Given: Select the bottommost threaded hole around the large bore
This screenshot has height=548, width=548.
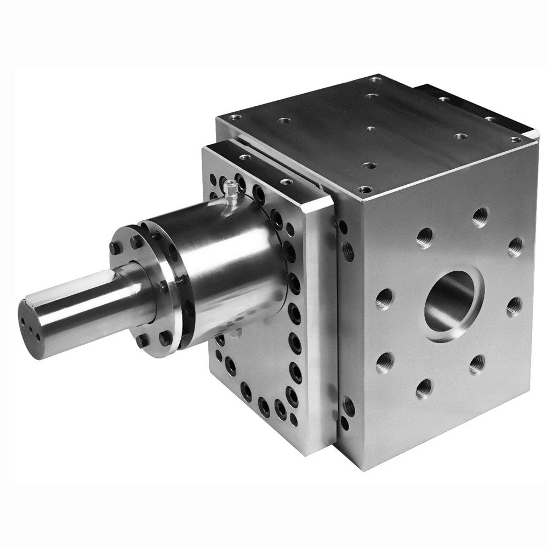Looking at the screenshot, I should tap(424, 389).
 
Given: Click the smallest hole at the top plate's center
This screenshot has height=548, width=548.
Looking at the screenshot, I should tap(370, 128).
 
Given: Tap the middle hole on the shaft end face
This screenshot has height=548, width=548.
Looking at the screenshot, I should tap(32, 323).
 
